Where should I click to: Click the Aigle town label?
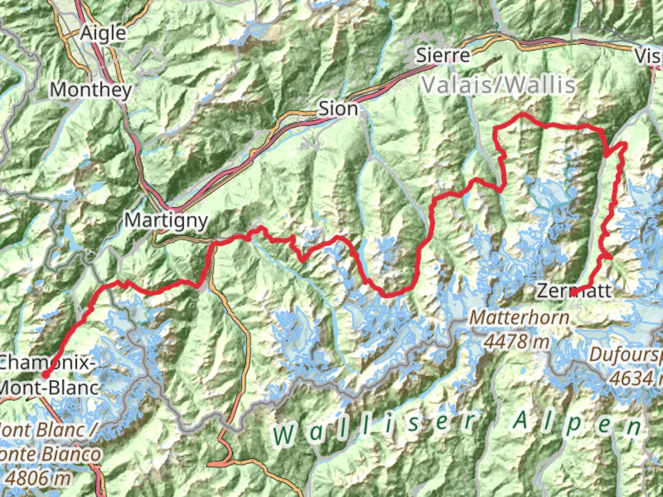(103, 34)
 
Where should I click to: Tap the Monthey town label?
(91, 90)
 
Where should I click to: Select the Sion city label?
(338, 109)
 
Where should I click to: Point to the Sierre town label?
(443, 56)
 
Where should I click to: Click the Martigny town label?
(166, 221)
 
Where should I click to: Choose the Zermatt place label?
(574, 291)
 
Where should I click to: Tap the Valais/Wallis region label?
(499, 85)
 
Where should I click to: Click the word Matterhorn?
(519, 318)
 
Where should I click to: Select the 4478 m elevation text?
(517, 341)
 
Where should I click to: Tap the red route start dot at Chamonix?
(45, 375)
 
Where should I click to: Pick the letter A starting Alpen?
(521, 421)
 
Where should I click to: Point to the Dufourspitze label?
(626, 354)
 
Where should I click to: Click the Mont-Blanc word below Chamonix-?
(49, 387)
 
